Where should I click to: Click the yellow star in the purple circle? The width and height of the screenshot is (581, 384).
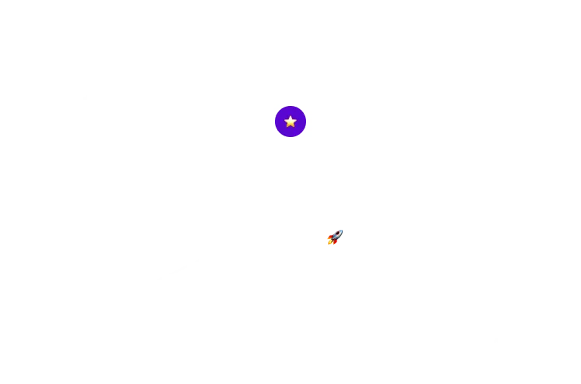tap(290, 122)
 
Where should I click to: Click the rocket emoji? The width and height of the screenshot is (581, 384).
tap(334, 236)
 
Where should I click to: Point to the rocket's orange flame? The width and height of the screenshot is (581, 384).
tap(329, 242)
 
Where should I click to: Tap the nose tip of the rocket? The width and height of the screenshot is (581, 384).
tap(340, 228)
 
